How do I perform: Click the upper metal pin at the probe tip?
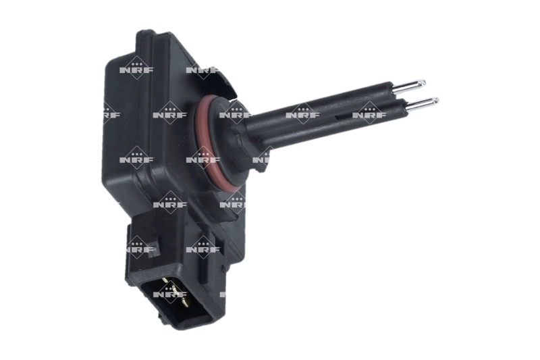click(409, 85)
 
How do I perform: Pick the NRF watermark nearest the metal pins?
click(369, 113)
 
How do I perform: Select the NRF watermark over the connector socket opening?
click(169, 294)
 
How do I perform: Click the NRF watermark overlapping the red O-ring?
click(202, 159)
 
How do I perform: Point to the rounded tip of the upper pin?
click(423, 83)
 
